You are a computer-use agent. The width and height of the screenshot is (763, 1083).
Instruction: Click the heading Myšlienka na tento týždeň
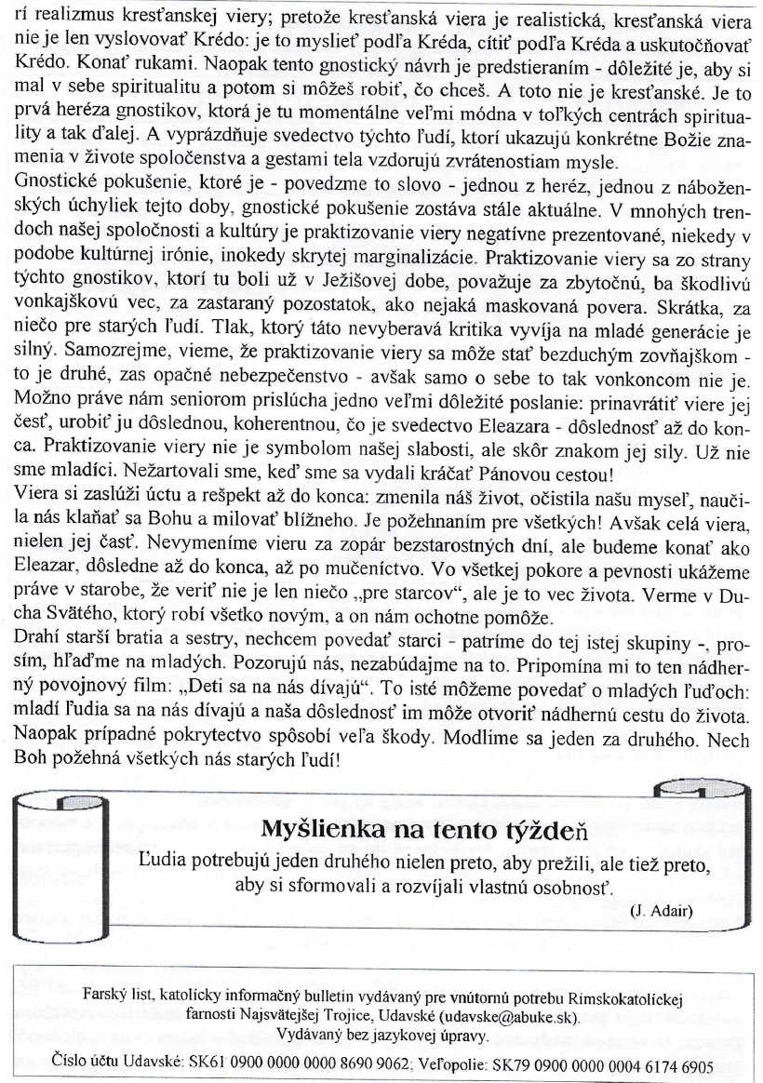click(x=425, y=803)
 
